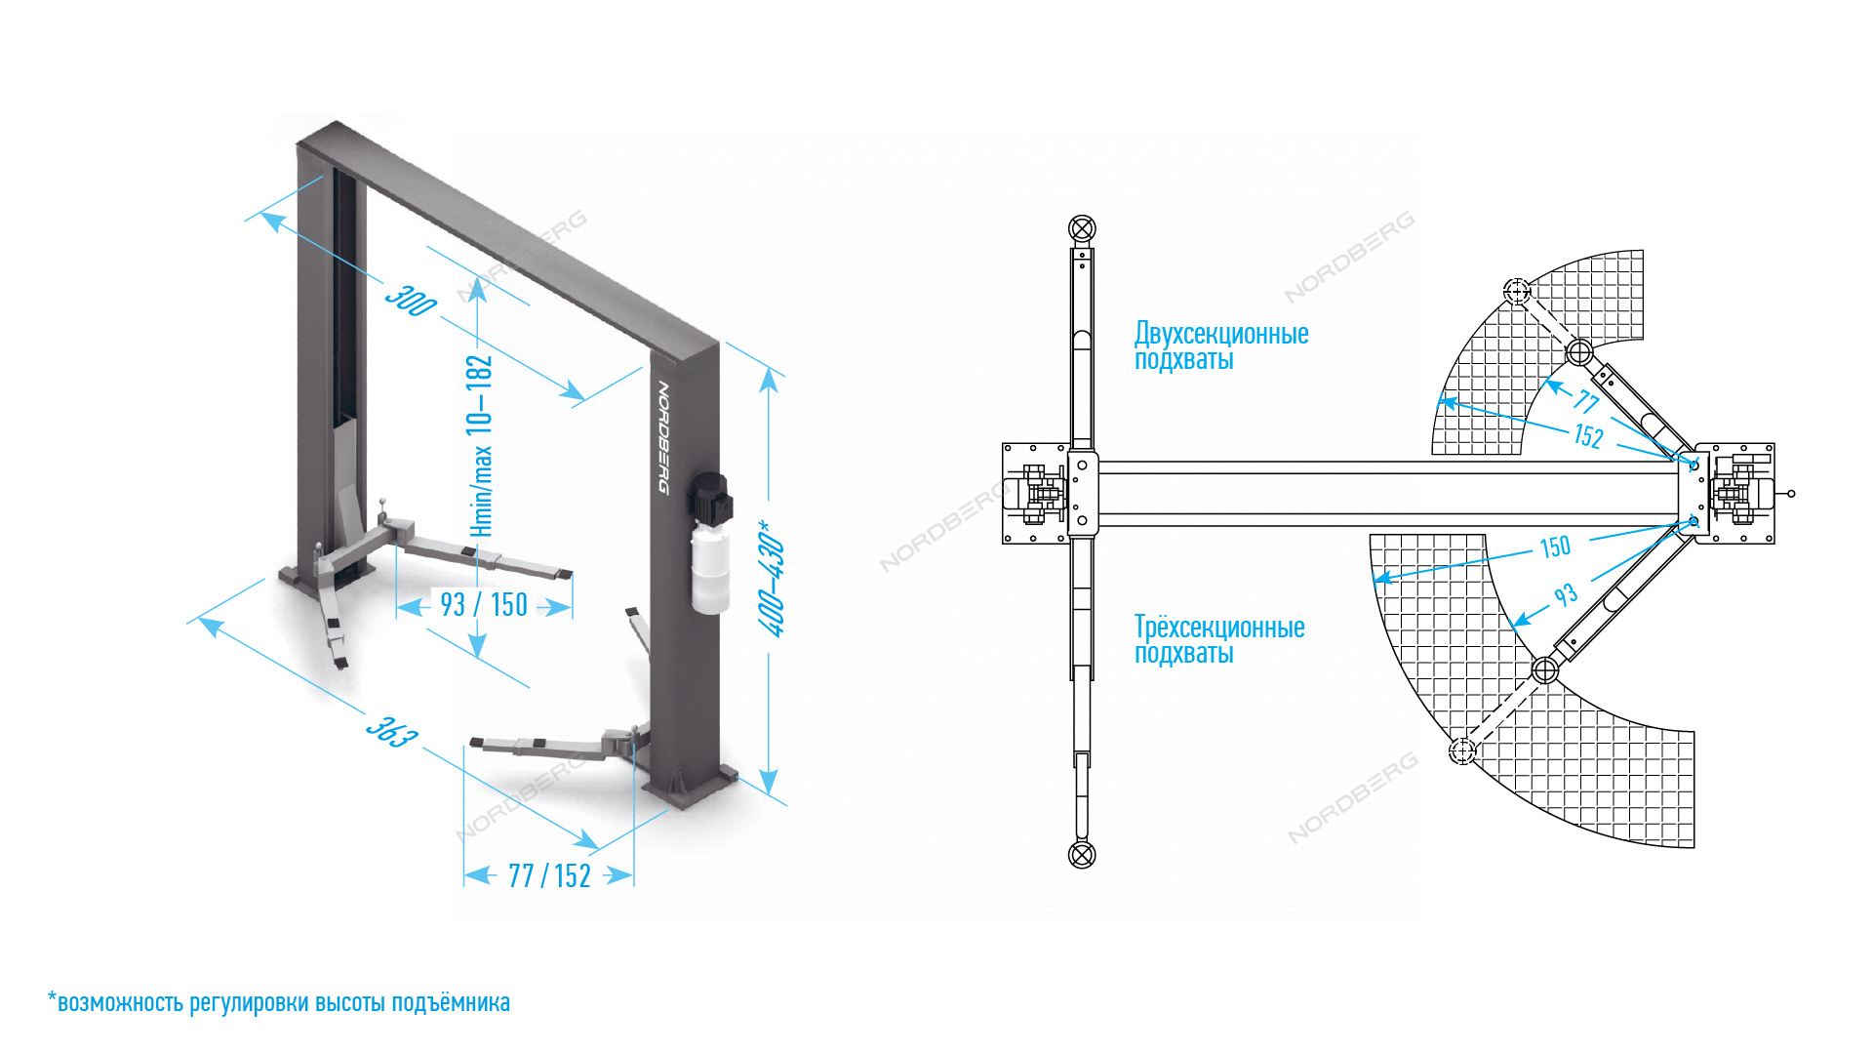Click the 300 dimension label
411,301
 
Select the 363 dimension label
392,732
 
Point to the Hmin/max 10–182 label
480,445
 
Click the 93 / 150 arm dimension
484,605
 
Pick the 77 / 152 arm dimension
549,876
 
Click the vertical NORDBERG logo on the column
663,436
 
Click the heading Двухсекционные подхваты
1220,346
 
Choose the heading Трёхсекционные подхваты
1218,640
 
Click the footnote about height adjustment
279,1003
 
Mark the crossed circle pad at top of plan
1082,229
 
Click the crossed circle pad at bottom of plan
1082,855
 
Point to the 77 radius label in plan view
1586,401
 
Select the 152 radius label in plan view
1588,435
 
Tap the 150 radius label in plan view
1555,547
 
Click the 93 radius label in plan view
1566,595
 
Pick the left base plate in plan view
1036,493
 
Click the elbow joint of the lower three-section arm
1545,670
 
